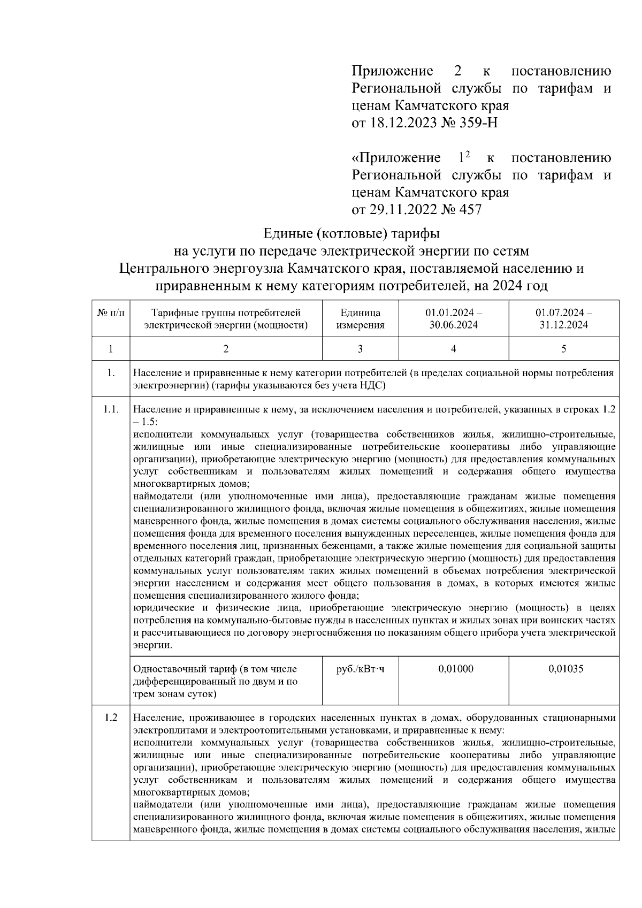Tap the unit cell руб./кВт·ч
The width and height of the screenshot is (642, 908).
pos(360,669)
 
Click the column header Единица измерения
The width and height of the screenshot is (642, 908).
pos(360,318)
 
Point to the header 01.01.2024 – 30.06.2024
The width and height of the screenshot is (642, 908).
pos(453,318)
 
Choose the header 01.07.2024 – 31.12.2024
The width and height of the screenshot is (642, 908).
pos(563,318)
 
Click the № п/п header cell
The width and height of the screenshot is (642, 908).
pos(111,312)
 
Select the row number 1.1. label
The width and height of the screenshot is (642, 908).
pos(111,410)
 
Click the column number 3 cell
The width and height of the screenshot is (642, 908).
pos(360,349)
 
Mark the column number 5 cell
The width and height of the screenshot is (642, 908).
pos(563,349)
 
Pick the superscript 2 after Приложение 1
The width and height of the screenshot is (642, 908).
pos(467,154)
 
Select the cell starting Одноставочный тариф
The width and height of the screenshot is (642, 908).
pos(225,681)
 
